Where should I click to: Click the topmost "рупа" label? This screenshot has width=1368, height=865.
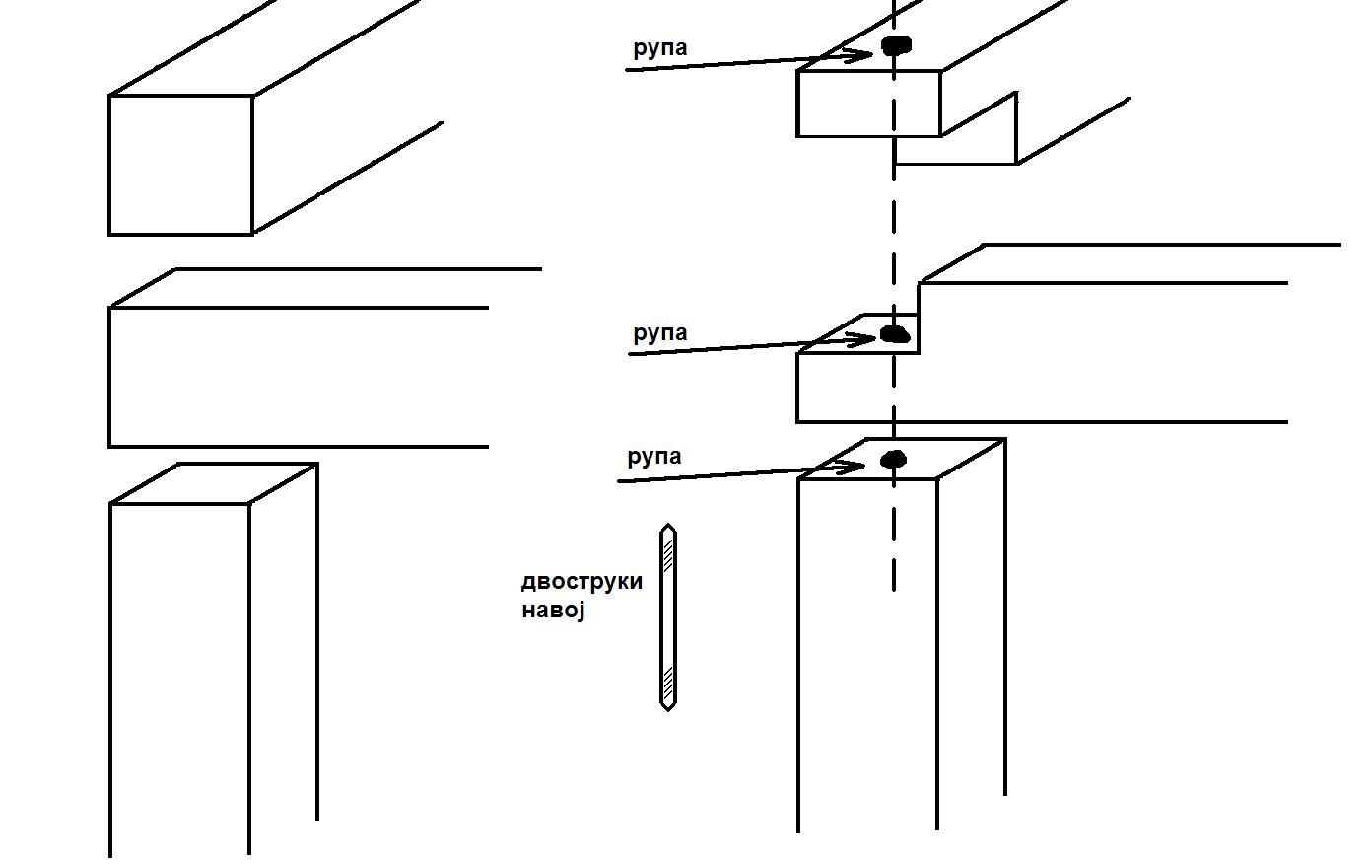click(659, 48)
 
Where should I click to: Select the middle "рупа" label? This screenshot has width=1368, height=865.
click(659, 333)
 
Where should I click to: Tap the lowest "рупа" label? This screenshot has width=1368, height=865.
click(654, 457)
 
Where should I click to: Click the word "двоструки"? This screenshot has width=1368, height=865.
click(581, 581)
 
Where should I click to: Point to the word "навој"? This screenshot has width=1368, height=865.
click(553, 610)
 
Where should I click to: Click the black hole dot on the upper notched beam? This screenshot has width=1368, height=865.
click(896, 45)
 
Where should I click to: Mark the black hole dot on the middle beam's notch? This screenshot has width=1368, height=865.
click(894, 334)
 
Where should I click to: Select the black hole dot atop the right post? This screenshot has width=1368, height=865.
click(893, 460)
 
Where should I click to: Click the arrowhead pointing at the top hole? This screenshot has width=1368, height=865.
click(864, 56)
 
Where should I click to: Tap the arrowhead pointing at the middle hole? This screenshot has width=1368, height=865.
click(866, 340)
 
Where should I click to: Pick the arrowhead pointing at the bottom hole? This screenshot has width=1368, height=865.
click(856, 467)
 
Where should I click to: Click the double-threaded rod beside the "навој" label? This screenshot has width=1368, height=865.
click(668, 617)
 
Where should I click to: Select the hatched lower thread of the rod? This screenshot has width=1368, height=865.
click(668, 682)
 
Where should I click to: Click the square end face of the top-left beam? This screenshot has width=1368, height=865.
click(180, 165)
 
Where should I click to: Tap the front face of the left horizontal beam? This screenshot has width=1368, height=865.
click(296, 377)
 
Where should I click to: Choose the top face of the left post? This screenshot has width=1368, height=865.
click(213, 483)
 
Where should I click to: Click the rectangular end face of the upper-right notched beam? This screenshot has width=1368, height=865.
click(868, 104)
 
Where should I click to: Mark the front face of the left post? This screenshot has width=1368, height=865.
click(178, 671)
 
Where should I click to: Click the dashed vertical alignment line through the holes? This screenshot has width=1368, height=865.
click(894, 227)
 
